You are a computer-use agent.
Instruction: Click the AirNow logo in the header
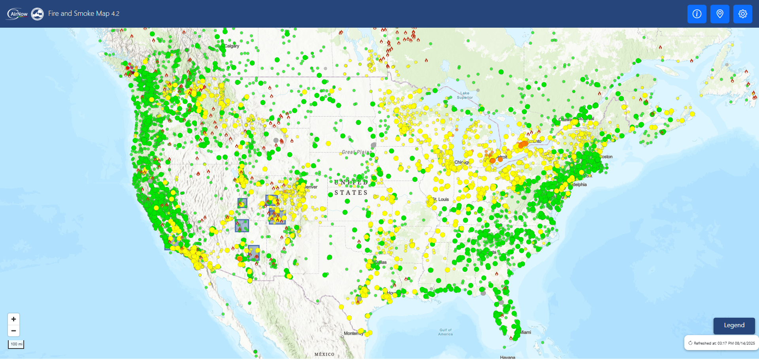point(17,14)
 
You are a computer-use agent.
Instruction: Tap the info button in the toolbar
point(697,14)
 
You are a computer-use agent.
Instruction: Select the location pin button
point(719,14)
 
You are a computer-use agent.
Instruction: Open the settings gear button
point(742,14)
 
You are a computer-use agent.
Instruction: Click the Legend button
point(734,325)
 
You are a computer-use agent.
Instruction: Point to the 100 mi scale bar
point(16,344)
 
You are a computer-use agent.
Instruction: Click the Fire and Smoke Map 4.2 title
point(84,13)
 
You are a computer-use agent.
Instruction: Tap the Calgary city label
point(232,46)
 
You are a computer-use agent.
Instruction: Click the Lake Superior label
point(464,95)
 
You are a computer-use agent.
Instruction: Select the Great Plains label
point(357,152)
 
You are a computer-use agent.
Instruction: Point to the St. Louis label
point(442,200)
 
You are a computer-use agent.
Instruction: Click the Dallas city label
point(381,262)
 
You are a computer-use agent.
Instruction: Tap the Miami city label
point(526,332)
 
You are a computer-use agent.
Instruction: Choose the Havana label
point(508,357)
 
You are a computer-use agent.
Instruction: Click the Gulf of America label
point(446,332)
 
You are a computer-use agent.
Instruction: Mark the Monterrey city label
point(352,334)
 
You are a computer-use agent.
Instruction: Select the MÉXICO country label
point(324,354)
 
